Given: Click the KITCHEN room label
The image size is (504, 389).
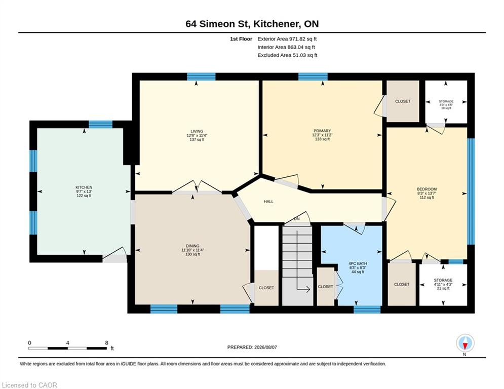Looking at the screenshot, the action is pos(84,187).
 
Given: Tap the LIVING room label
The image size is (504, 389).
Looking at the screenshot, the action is pos(197,131).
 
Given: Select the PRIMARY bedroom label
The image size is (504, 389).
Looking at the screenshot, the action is pos(322,131).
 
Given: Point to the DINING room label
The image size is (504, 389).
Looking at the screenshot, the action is pos(192,246).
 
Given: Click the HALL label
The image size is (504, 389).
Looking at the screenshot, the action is pos(268,202).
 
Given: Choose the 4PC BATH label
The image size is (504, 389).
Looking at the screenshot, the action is pos(358,263).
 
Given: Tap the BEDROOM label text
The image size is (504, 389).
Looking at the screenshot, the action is pos(427,189).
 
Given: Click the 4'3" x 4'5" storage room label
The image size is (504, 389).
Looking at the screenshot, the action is pos(446,104).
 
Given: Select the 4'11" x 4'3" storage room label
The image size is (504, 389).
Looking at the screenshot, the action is pos(443,284).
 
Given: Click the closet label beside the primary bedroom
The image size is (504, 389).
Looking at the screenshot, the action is pos(403,101).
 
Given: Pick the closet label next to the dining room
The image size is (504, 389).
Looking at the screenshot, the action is pos(266,288).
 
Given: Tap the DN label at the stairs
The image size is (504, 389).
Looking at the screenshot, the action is pos(297,219).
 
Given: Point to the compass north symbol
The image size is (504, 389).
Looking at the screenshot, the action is pos(465,343).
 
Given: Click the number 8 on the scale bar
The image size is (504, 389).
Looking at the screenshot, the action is pos(107,343).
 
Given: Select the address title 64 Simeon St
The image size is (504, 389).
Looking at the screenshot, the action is pos(218,24).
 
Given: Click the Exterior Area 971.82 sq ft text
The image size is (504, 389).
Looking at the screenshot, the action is pos(287,39).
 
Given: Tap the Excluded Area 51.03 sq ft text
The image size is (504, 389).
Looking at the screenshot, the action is pos(287,55).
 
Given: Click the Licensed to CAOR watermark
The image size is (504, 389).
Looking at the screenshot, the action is pos(29,385).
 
